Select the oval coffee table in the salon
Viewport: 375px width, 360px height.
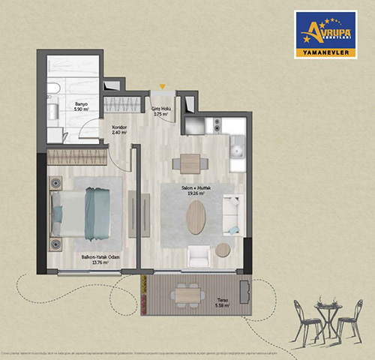(x=196, y=216)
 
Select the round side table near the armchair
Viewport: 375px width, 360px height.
(x=223, y=250)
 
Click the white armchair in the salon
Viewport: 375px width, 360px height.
(x=199, y=256)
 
